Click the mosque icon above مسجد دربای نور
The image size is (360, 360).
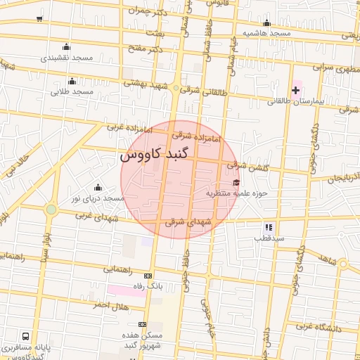pos(97,188)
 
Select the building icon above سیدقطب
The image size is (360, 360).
pos(268,227)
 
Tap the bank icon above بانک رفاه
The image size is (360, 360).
pos(148,276)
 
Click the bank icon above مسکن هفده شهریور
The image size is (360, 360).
pos(143,324)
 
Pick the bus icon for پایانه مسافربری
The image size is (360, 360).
pos(26,336)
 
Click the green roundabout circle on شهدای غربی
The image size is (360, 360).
pos(51,209)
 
